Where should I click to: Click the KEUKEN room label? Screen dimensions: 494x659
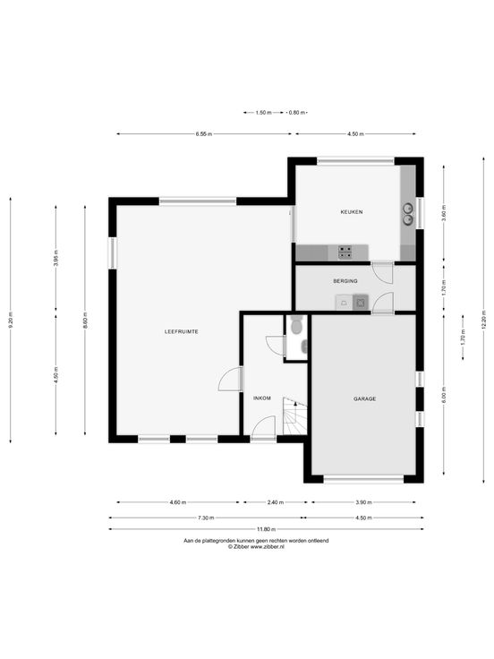coord(351,212)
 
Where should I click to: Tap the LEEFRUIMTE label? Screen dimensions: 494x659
coord(181,331)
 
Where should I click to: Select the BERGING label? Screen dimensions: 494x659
coord(345,281)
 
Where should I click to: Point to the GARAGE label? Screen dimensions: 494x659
coord(364,398)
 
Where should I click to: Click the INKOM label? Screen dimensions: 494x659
coord(262,398)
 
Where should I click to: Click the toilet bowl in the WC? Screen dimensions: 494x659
coord(295,326)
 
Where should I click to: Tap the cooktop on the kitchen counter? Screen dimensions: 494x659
coord(345,252)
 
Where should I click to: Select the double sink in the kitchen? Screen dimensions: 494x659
coord(408,214)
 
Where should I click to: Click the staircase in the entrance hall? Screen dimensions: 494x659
coord(295,416)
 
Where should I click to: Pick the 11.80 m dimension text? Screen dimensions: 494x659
coord(267,529)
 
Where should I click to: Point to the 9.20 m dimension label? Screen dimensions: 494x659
coord(11,321)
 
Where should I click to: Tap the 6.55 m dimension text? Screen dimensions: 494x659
coord(204,134)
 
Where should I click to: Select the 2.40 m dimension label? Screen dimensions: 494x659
coord(275,502)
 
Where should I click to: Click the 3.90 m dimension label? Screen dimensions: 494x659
coord(363,502)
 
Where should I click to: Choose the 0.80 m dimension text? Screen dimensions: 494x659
coord(296,113)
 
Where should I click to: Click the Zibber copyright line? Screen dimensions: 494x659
coord(256,547)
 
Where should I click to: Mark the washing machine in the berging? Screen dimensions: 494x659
coord(361,302)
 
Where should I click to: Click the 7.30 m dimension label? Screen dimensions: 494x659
coord(206,518)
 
